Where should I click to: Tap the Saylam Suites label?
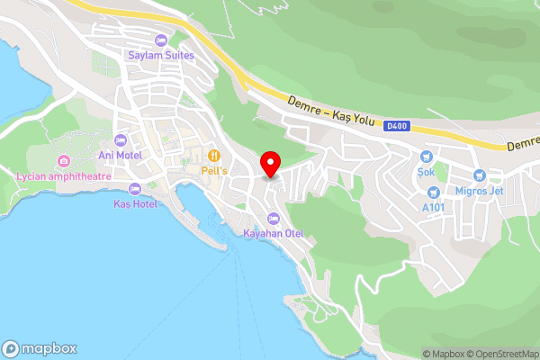pos(161,56)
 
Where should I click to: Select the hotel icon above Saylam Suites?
pos(161,40)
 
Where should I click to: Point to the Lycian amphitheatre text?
pos(63,176)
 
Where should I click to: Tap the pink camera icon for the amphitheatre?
pos(63,161)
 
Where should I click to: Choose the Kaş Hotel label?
pos(135,204)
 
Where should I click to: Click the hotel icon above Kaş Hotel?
pos(135,189)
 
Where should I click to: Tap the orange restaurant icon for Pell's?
pos(214,155)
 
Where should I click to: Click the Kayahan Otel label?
pos(274,234)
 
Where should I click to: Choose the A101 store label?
pos(434,206)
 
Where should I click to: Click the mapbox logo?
pos(40,348)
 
